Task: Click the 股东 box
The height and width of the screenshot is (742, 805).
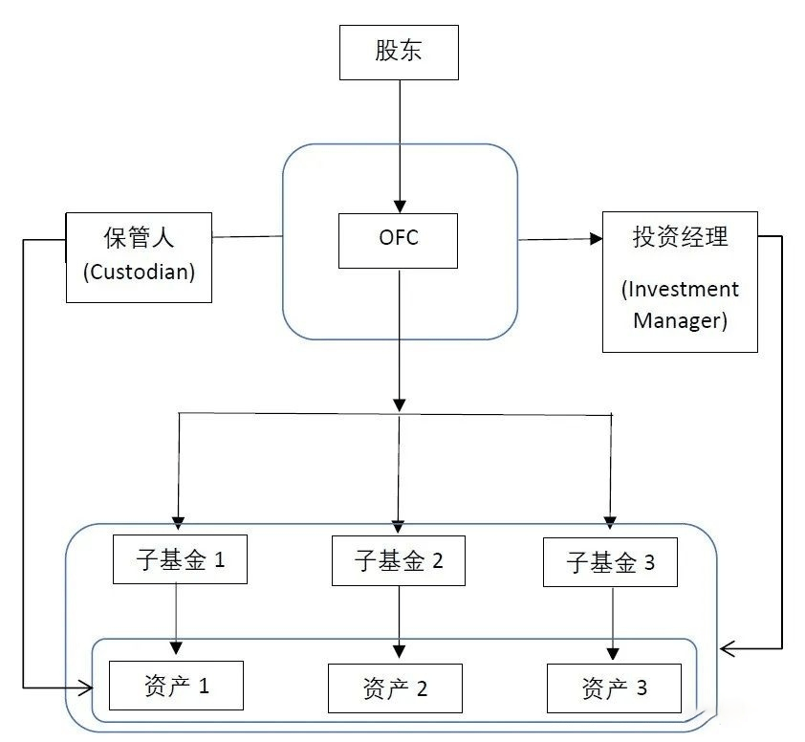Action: pos(399,53)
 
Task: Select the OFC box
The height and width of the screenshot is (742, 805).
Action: pos(398,241)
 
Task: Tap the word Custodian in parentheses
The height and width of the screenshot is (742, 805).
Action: pos(140,272)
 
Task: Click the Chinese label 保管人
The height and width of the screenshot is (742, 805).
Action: pos(139,237)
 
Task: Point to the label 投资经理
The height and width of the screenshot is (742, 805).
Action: pos(681,237)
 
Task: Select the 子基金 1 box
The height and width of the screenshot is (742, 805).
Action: pos(180,559)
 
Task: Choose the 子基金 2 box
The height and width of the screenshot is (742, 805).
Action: pos(399,560)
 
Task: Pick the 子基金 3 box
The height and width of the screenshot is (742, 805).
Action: pos(610,562)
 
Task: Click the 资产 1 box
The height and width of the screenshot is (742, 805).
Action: pos(176,686)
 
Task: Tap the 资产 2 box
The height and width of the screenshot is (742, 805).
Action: pos(395,688)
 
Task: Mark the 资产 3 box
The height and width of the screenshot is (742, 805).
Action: pos(614,688)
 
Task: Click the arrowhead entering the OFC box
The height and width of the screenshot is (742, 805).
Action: pos(400,207)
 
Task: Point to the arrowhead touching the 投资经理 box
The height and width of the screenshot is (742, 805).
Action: pos(596,238)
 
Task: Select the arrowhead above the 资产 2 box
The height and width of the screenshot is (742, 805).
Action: pos(399,651)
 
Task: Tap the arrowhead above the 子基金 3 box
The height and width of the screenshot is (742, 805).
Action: pos(610,523)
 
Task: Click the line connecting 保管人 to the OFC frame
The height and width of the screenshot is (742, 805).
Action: pos(247,237)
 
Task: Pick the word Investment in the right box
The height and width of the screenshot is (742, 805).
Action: pos(681,290)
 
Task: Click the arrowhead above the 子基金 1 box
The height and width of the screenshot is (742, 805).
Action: pos(178,523)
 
